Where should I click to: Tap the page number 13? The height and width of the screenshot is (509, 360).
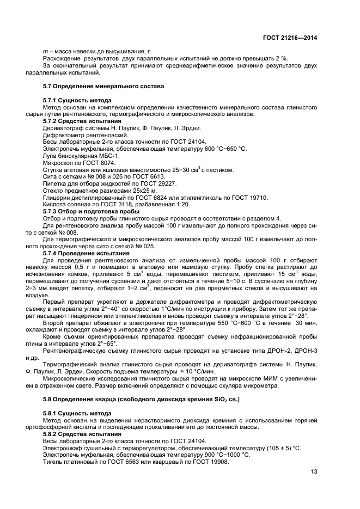pyautogui.click(x=314, y=471)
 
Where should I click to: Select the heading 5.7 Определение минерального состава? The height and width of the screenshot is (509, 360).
pyautogui.click(x=103, y=87)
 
